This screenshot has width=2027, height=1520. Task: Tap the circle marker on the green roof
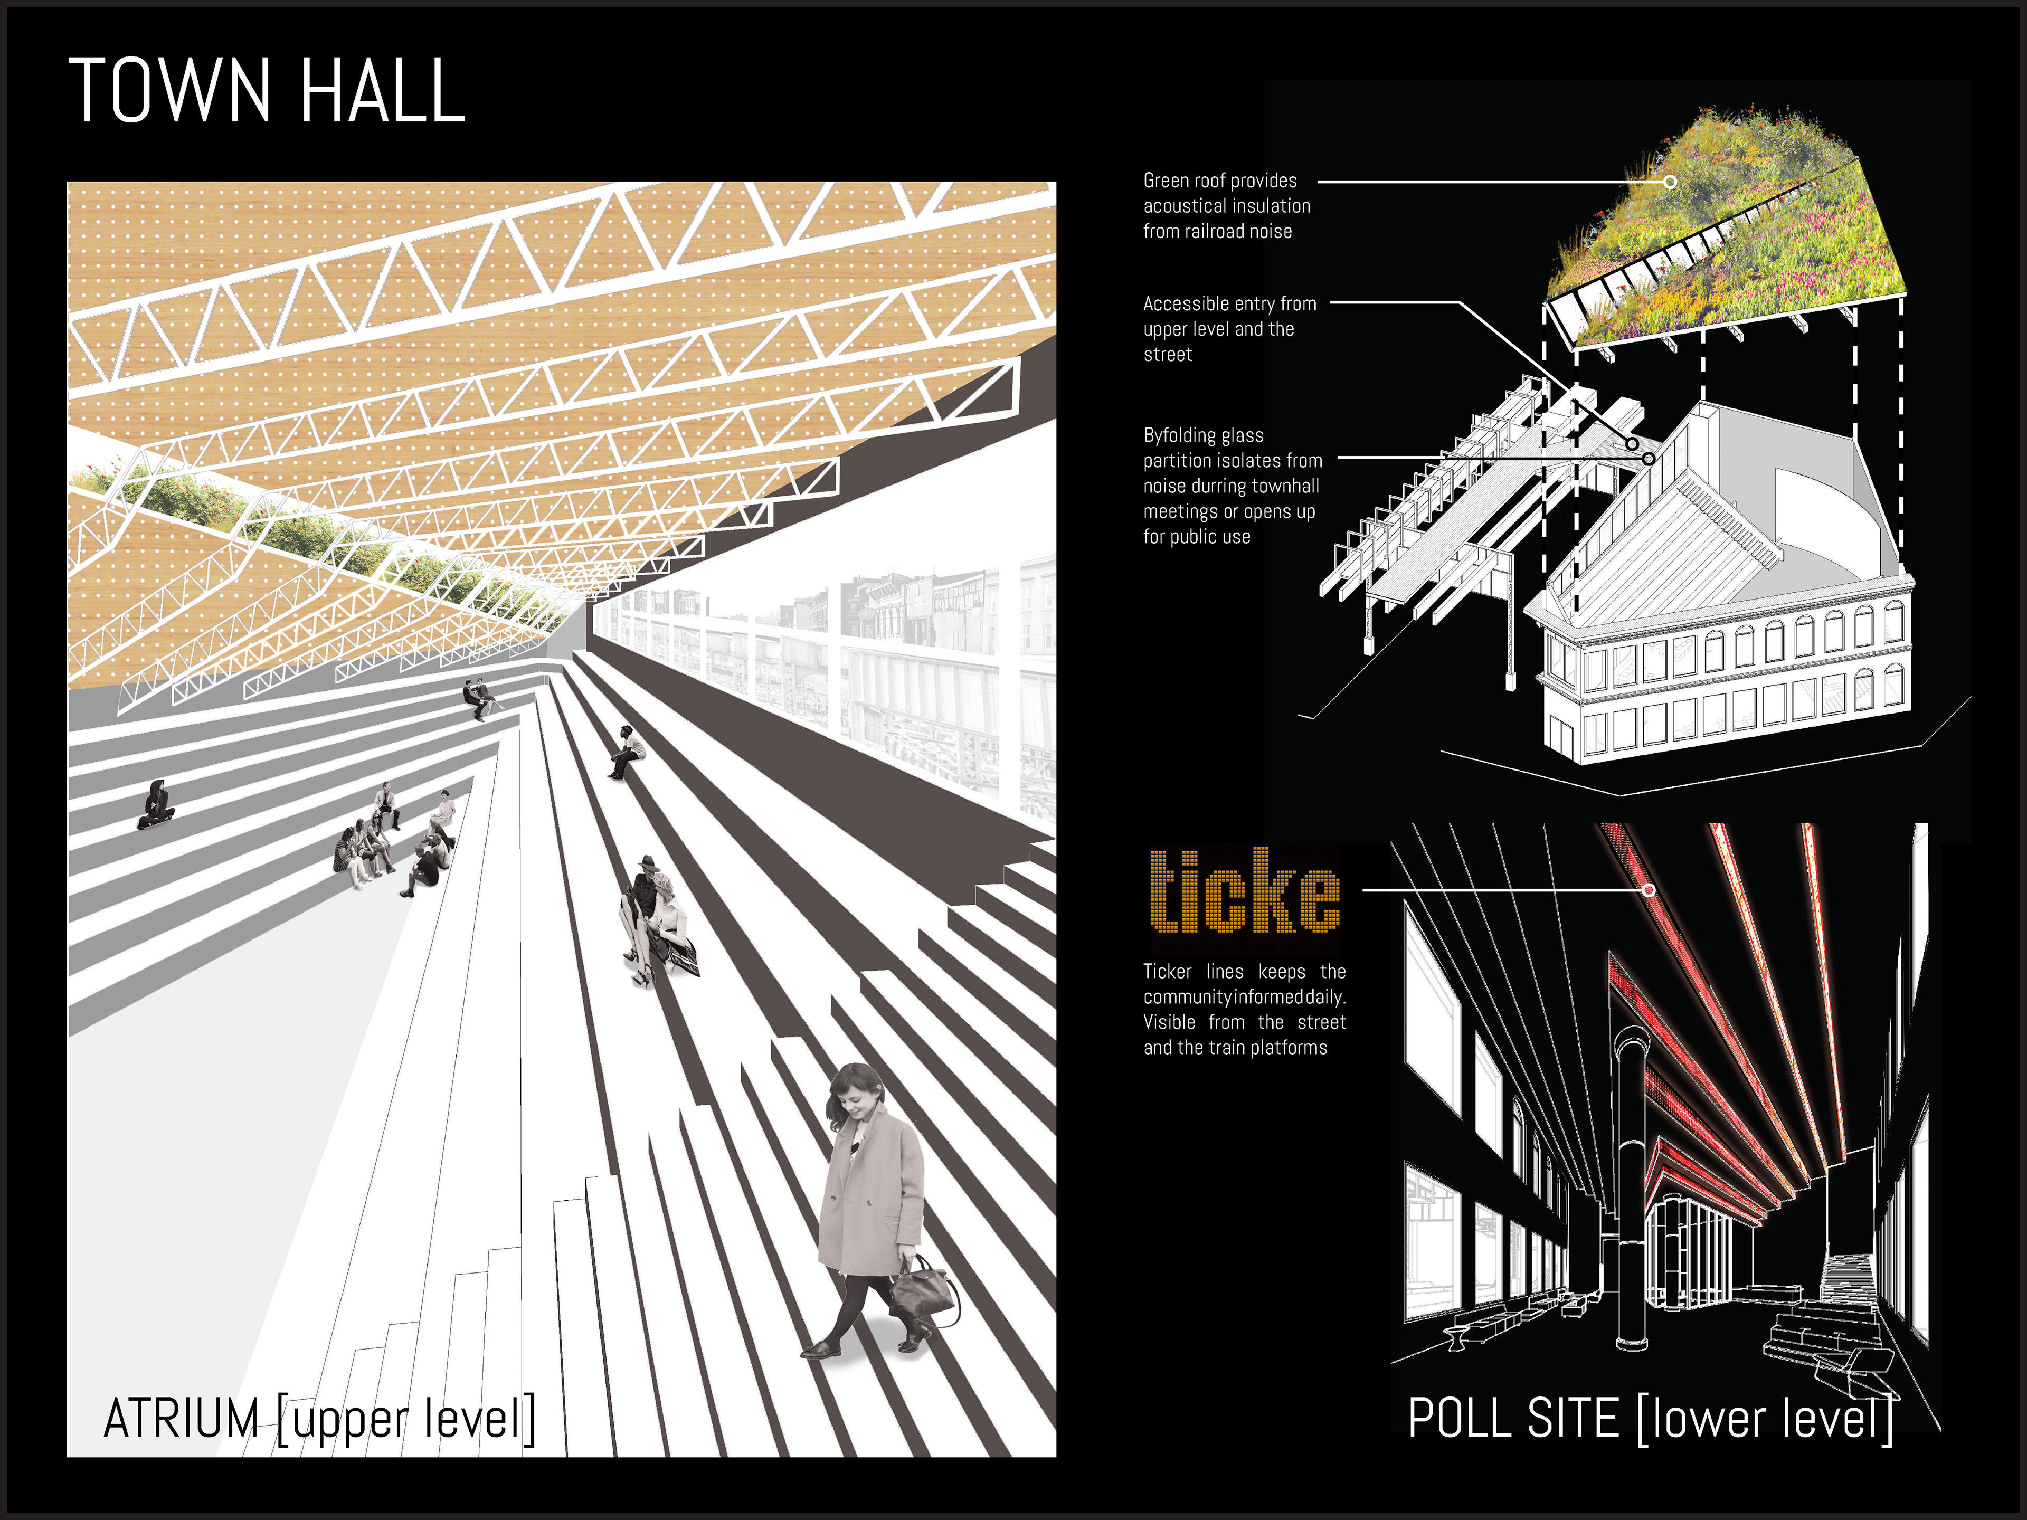pyautogui.click(x=1670, y=182)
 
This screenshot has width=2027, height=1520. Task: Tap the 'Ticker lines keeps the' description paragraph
pyautogui.click(x=1244, y=1009)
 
